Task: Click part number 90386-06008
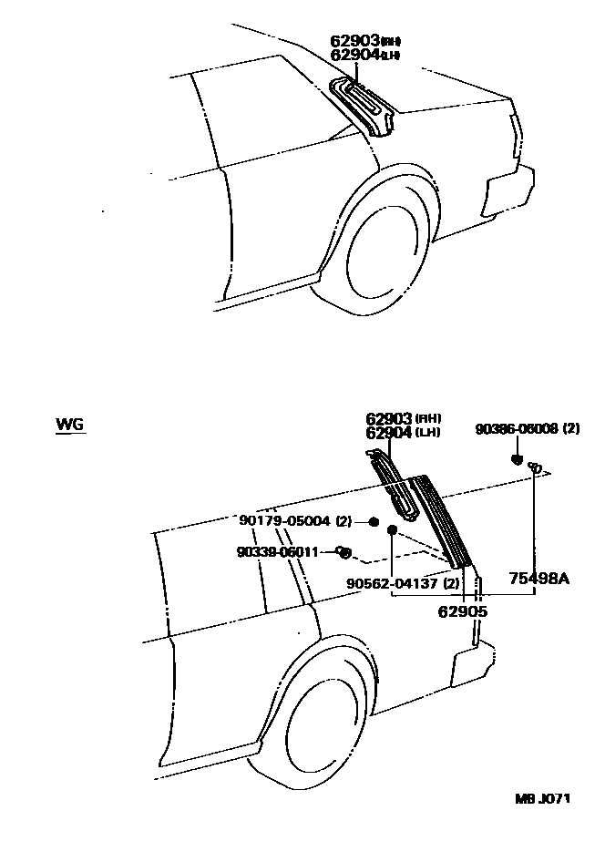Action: pos(516,429)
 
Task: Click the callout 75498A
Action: pos(538,578)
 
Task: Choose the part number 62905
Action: pos(463,611)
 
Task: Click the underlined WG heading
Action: pos(69,425)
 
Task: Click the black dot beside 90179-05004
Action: pos(374,521)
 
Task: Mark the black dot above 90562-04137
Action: pos(392,529)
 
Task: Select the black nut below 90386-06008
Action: pos(517,459)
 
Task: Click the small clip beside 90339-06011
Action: pos(344,551)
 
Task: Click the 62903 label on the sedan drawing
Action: pos(354,41)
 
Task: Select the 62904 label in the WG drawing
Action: pos(389,433)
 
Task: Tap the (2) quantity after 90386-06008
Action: pos(572,429)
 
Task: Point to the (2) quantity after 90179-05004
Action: pos(344,521)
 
